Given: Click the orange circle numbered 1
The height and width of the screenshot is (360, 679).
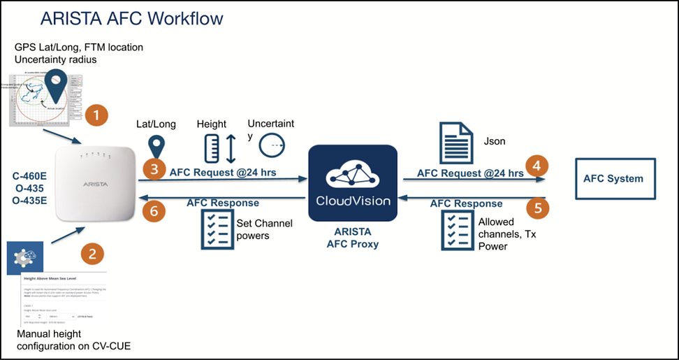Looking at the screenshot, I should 97,115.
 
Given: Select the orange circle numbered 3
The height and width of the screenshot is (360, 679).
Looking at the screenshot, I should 153,168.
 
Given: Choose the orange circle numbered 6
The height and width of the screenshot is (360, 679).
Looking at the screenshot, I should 153,209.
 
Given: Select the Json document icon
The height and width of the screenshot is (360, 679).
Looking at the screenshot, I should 457,143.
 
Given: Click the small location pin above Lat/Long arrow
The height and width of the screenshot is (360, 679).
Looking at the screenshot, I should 156,145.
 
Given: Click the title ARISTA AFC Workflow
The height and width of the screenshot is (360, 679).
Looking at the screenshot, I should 132,17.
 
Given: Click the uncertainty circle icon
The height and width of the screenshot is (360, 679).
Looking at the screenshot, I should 271,146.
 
